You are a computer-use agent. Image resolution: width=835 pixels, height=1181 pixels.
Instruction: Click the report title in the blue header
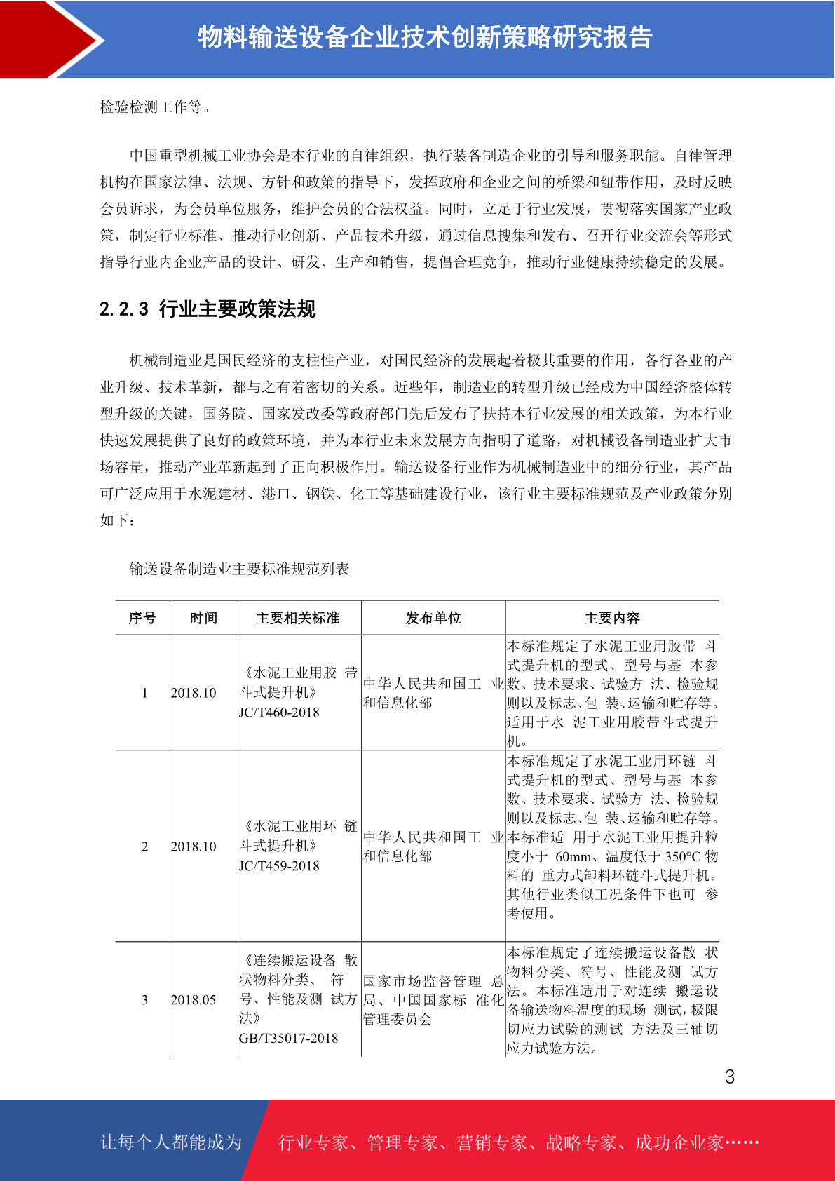(425, 37)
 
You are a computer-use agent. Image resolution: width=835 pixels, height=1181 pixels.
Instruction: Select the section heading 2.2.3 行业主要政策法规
(208, 309)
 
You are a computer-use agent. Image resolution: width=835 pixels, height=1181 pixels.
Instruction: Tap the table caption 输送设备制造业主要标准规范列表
(239, 569)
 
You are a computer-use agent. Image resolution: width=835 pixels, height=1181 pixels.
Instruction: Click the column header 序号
(142, 618)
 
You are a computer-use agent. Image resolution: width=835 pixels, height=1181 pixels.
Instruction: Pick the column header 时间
(203, 618)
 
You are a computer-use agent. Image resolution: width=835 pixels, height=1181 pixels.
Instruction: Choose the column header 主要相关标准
(298, 618)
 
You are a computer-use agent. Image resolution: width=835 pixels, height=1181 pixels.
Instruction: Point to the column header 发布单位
(433, 618)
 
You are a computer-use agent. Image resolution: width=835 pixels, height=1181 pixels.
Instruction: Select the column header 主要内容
(612, 618)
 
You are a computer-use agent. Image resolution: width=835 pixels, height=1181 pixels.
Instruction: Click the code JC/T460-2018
(279, 713)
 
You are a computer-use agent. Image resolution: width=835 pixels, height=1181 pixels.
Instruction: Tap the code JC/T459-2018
(279, 866)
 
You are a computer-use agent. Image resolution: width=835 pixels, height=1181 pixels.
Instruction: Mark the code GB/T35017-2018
(288, 1039)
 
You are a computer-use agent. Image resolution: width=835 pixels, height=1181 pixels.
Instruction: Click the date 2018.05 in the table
(194, 1000)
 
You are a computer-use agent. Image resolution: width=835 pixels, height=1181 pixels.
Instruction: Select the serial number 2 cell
(144, 846)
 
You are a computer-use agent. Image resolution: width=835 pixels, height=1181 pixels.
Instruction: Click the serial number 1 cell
(144, 693)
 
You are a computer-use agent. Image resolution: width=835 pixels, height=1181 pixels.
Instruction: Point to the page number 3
(730, 1077)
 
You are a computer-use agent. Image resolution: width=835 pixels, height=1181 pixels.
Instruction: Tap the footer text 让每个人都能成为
(171, 1142)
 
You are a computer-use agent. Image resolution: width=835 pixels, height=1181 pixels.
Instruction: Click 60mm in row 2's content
(573, 856)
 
